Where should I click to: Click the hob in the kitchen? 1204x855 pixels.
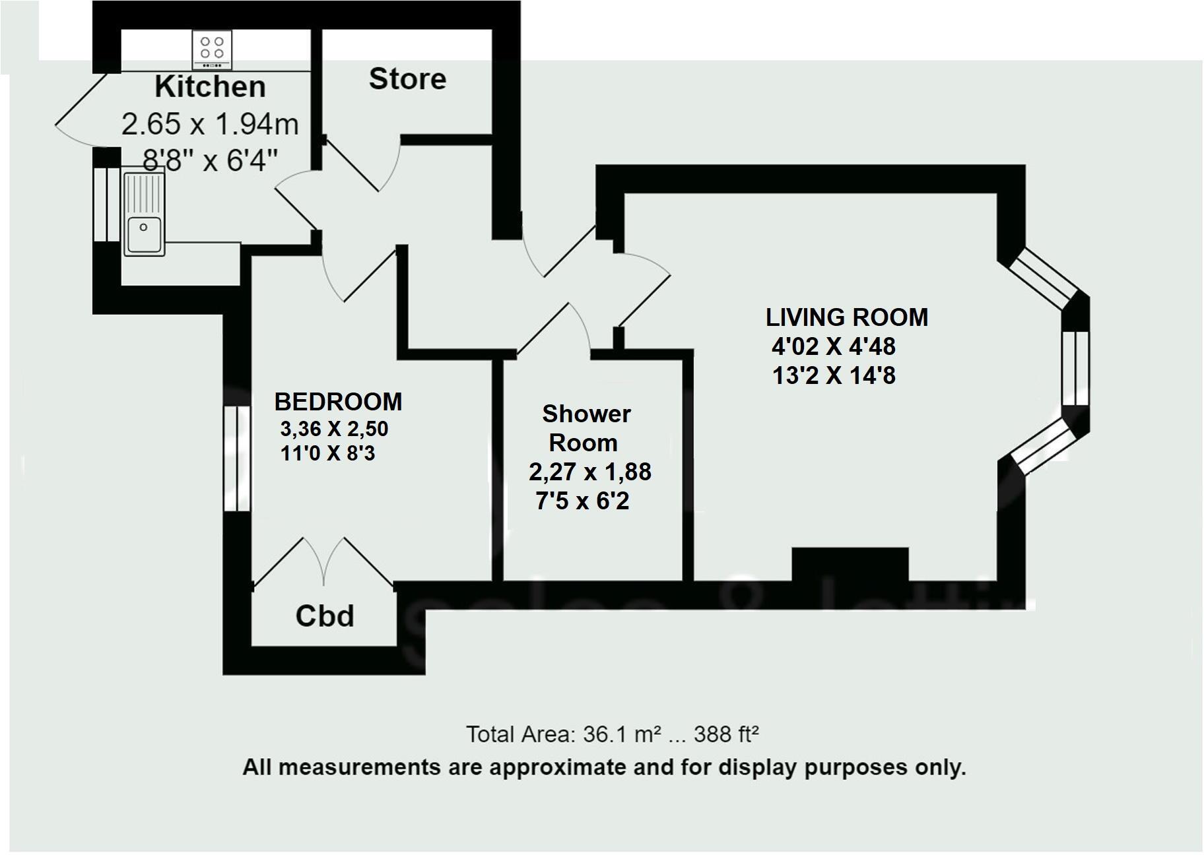click(x=213, y=49)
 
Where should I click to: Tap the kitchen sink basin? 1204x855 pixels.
click(x=145, y=234)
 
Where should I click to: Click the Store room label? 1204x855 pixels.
click(x=407, y=79)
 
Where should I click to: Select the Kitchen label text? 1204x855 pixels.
click(x=210, y=87)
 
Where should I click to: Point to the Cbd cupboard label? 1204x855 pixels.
click(x=325, y=616)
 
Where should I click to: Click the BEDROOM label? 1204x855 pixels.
click(x=338, y=402)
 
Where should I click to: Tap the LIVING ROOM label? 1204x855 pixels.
click(x=847, y=317)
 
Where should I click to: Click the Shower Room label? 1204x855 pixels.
click(x=585, y=428)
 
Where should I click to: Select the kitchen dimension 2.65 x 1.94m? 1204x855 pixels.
click(x=210, y=124)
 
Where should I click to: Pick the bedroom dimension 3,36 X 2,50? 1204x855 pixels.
click(x=334, y=429)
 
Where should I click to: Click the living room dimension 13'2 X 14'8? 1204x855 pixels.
click(x=834, y=376)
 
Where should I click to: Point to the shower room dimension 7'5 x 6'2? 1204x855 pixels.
click(x=582, y=501)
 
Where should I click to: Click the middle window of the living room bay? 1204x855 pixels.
click(x=1075, y=367)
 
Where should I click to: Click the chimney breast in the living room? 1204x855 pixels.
click(x=850, y=564)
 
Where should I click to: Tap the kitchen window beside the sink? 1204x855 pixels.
click(x=104, y=205)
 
